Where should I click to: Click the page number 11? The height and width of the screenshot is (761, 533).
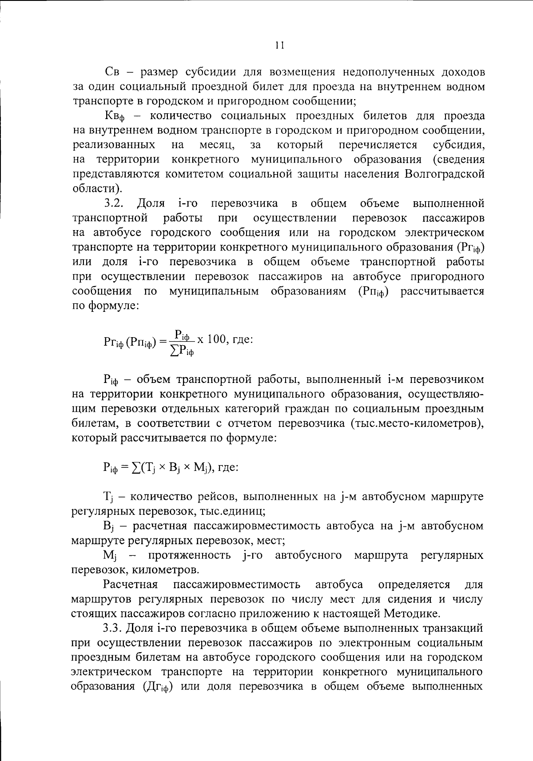coord(279,45)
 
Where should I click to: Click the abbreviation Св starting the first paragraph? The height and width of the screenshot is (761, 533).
coord(112,72)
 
